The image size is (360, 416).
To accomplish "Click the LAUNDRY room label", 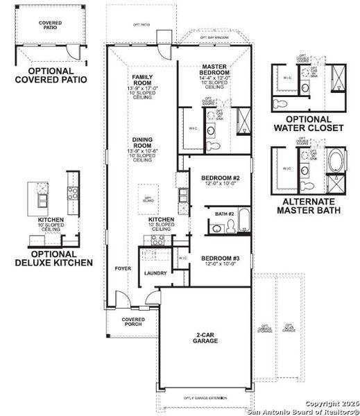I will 155,273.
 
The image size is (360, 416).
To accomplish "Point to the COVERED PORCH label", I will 132,322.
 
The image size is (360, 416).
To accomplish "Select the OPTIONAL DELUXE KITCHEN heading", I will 53,258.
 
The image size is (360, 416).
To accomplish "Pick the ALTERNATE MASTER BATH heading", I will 309,206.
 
